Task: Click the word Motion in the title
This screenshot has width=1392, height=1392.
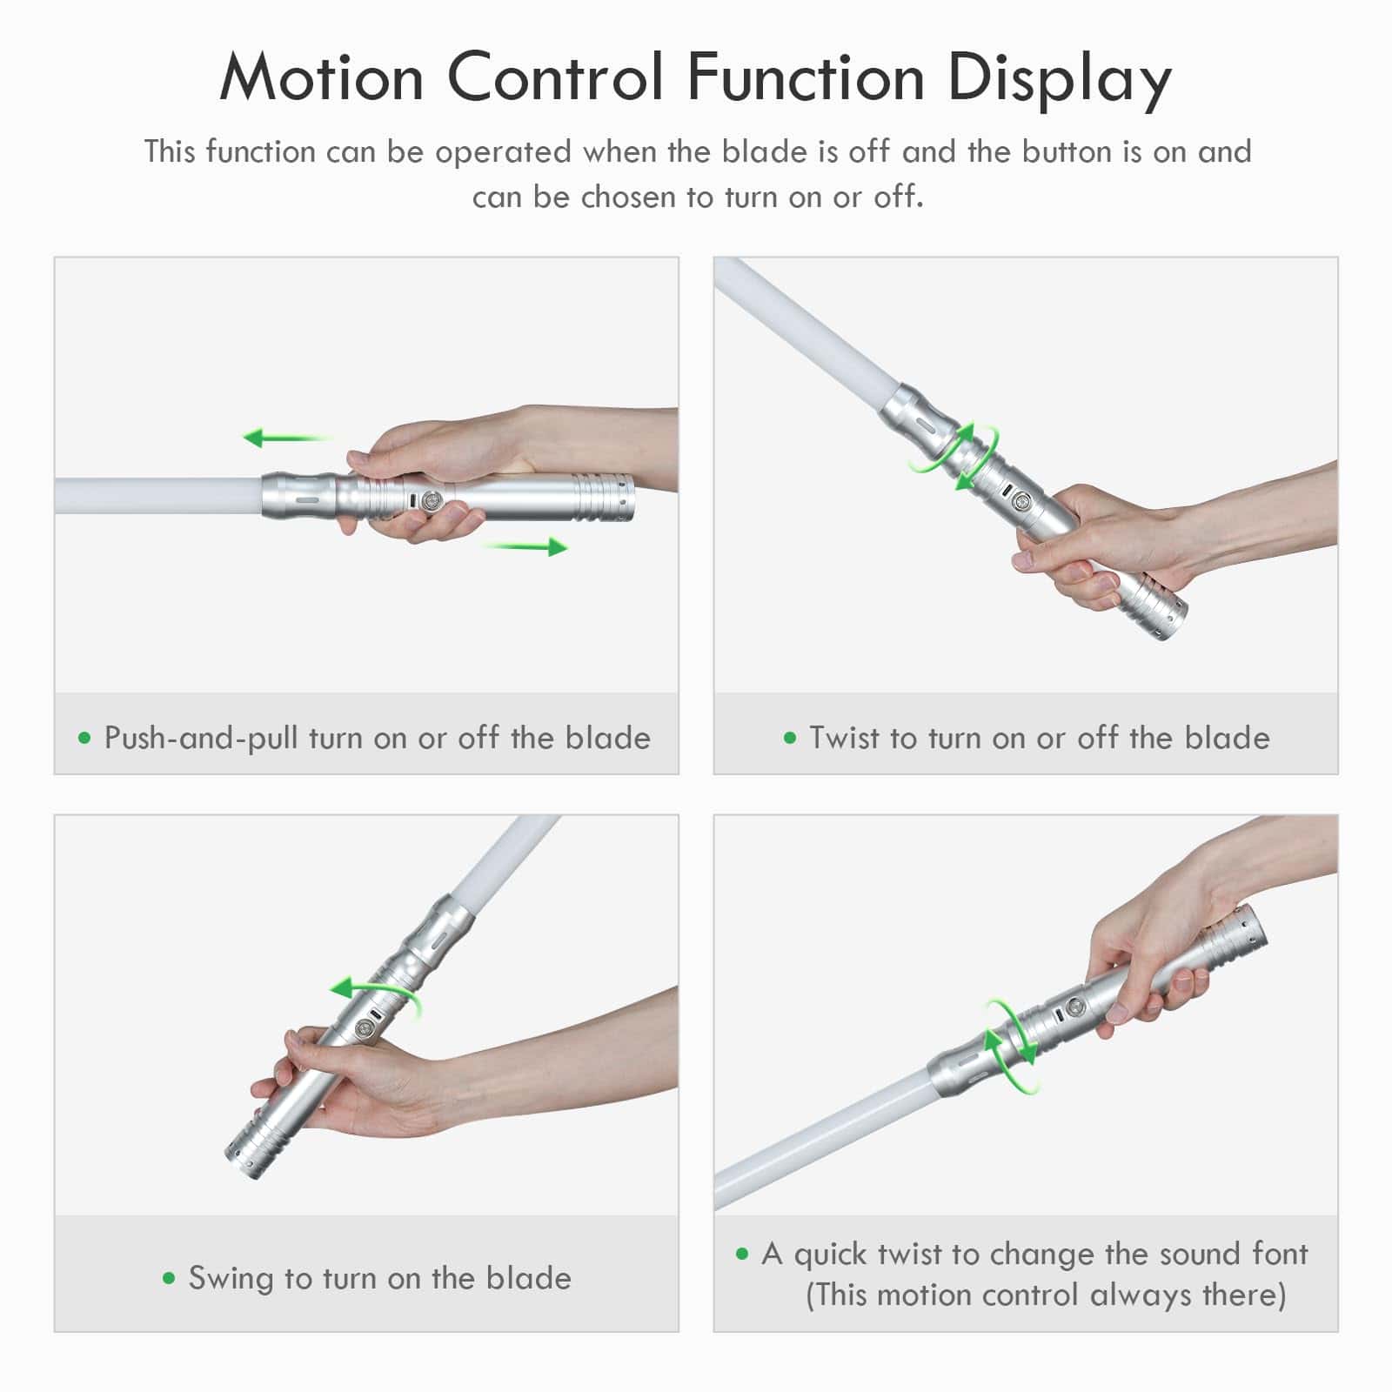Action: point(321,78)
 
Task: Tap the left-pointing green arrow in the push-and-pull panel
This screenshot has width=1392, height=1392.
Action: point(287,437)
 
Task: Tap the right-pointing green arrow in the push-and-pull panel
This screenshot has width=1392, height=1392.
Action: point(525,546)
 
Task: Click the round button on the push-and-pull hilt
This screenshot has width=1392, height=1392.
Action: point(430,503)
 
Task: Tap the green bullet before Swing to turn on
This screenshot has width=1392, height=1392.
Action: point(169,1279)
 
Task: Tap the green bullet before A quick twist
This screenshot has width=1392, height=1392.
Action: point(742,1254)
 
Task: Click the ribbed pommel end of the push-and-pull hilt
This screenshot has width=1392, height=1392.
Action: point(604,499)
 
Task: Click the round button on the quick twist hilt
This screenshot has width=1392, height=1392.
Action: point(1076,1007)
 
